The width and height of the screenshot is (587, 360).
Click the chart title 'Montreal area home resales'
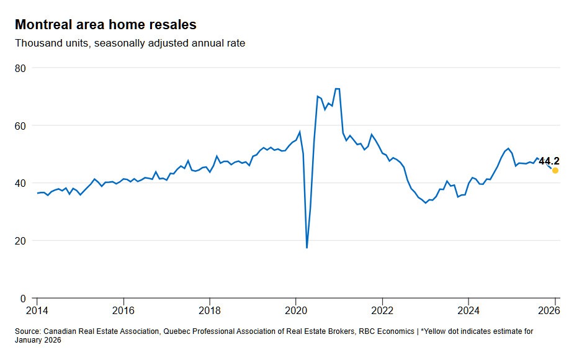105,25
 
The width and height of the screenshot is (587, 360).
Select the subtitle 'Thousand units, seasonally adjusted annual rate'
130,43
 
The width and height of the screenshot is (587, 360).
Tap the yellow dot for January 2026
555,170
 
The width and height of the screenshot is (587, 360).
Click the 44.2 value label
549,161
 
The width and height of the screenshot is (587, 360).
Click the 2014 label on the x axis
37,310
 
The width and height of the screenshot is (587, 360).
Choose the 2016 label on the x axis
123,310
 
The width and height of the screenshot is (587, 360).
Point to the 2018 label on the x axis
210,310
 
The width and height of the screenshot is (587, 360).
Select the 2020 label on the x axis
296,310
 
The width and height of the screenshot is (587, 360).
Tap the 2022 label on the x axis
382,310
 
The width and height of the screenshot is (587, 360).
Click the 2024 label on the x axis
468,310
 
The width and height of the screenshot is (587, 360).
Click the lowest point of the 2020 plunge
307,248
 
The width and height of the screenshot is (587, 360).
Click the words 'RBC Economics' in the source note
387,331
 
